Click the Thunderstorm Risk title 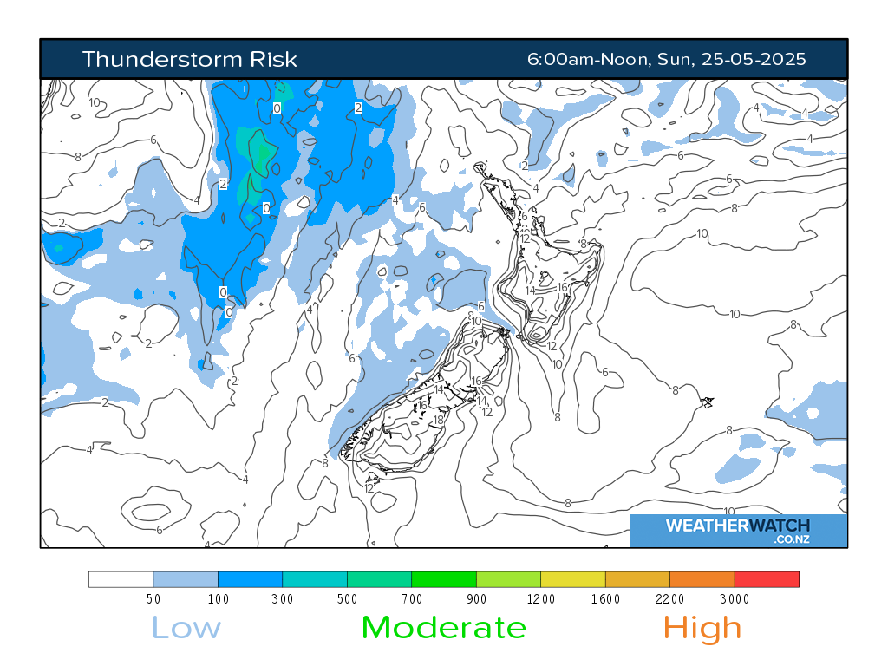pyautogui.click(x=189, y=59)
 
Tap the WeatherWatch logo pyautogui.click(x=738, y=530)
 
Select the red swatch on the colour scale pyautogui.click(x=767, y=579)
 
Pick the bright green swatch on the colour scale pyautogui.click(x=444, y=579)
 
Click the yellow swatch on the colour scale pyautogui.click(x=573, y=579)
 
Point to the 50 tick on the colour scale pyautogui.click(x=153, y=599)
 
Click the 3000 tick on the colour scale pyautogui.click(x=735, y=599)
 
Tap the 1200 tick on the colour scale pyautogui.click(x=541, y=599)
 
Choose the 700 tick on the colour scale pyautogui.click(x=412, y=599)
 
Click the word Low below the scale pyautogui.click(x=186, y=627)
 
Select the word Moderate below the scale pyautogui.click(x=443, y=627)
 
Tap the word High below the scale pyautogui.click(x=702, y=627)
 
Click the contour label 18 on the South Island pyautogui.click(x=438, y=421)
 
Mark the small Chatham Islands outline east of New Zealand pyautogui.click(x=708, y=402)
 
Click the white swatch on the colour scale pyautogui.click(x=121, y=579)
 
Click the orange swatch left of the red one pyautogui.click(x=702, y=579)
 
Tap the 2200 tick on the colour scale pyautogui.click(x=669, y=599)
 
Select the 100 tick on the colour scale pyautogui.click(x=218, y=599)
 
